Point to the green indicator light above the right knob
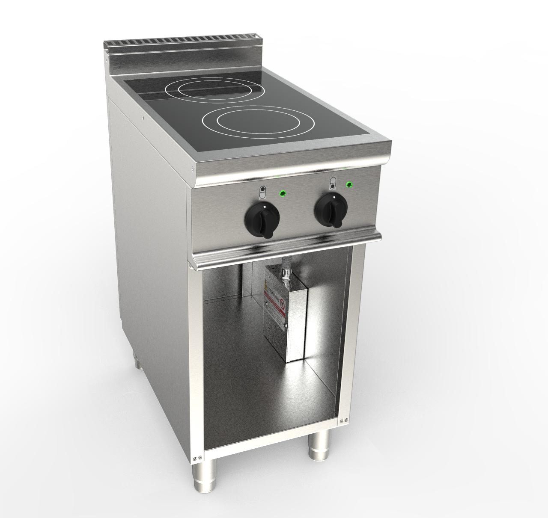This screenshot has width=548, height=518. pos(350,185)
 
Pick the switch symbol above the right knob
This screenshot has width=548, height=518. pos(332,184)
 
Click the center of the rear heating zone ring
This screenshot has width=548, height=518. pos(200,90)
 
